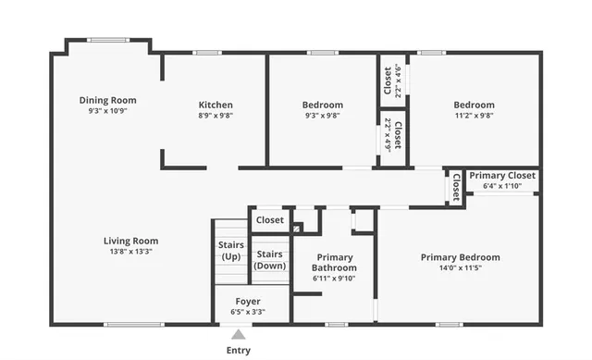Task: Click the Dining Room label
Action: coord(107,100)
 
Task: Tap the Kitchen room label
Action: coord(216,105)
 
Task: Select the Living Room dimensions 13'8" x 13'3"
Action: coord(130,251)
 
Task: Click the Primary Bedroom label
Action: coord(460,257)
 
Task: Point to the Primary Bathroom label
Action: coord(334,263)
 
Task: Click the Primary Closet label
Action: coord(502,175)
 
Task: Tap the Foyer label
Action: coord(247,302)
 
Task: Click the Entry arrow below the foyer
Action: coord(238,334)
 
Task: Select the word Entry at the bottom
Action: coord(238,351)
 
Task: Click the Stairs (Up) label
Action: coord(231,250)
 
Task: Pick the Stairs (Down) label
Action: coord(270,259)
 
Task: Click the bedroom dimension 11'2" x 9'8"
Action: coord(474,116)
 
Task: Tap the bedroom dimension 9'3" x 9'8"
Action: coord(322,116)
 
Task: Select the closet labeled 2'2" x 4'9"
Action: coord(392,136)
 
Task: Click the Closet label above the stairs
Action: coord(270,220)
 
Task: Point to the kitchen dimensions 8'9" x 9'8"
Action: coord(216,116)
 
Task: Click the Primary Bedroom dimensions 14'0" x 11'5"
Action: coord(460,268)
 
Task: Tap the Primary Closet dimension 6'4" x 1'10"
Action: coord(502,186)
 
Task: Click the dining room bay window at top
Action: coord(107,40)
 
